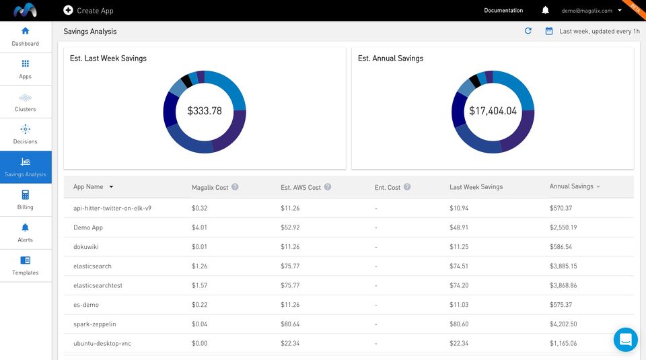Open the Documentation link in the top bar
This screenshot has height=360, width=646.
(503, 11)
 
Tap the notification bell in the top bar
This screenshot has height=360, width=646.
(545, 11)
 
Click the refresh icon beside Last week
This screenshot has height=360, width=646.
(528, 31)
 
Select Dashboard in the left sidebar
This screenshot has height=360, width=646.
(26, 36)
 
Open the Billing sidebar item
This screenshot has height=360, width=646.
(26, 200)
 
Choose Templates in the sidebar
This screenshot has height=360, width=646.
(26, 265)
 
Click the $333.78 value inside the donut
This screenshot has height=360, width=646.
(205, 110)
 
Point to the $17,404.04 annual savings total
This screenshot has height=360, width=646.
(493, 110)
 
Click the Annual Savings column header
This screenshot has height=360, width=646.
(571, 186)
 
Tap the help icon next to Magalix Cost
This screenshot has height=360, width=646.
(235, 187)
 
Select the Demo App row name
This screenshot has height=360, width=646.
(88, 227)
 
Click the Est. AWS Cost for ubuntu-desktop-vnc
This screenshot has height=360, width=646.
(290, 343)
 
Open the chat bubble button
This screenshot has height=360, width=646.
(625, 339)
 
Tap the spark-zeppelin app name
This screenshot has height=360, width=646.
(95, 324)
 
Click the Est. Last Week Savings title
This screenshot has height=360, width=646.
(108, 59)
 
